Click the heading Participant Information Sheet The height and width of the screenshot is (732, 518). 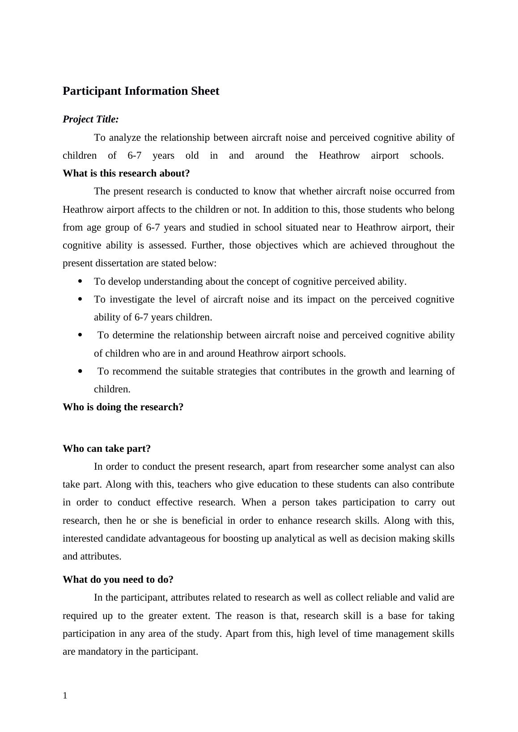point(141,91)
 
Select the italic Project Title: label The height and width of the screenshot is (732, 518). point(91,119)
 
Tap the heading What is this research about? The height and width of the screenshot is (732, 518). point(126,173)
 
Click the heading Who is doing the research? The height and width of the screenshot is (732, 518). point(123,407)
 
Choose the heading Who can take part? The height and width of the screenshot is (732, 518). point(106,449)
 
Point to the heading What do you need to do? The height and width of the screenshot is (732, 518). point(118,580)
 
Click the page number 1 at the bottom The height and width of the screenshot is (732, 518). point(65,695)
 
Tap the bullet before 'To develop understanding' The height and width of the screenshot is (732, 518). point(81,282)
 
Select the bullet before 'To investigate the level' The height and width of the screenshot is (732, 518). point(81,299)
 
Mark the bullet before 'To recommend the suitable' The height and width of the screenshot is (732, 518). point(81,371)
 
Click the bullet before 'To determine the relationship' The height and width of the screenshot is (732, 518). point(81,335)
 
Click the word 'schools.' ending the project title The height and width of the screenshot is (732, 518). point(426,156)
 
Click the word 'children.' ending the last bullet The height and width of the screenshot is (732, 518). point(112,389)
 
